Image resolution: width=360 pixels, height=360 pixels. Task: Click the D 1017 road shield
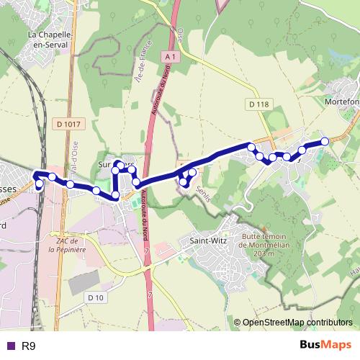click(x=69, y=125)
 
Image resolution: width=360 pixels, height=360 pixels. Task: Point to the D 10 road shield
click(x=96, y=297)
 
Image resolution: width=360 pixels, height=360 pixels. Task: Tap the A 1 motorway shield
click(x=170, y=56)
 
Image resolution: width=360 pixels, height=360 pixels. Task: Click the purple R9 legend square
click(x=9, y=346)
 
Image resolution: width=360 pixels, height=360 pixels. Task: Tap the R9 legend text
click(x=29, y=346)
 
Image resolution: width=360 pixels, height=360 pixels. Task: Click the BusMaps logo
click(x=325, y=346)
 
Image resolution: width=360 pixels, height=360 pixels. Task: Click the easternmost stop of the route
click(x=325, y=141)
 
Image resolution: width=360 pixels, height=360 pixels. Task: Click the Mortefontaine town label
click(x=343, y=102)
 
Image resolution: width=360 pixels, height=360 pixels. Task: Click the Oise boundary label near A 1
click(x=181, y=34)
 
